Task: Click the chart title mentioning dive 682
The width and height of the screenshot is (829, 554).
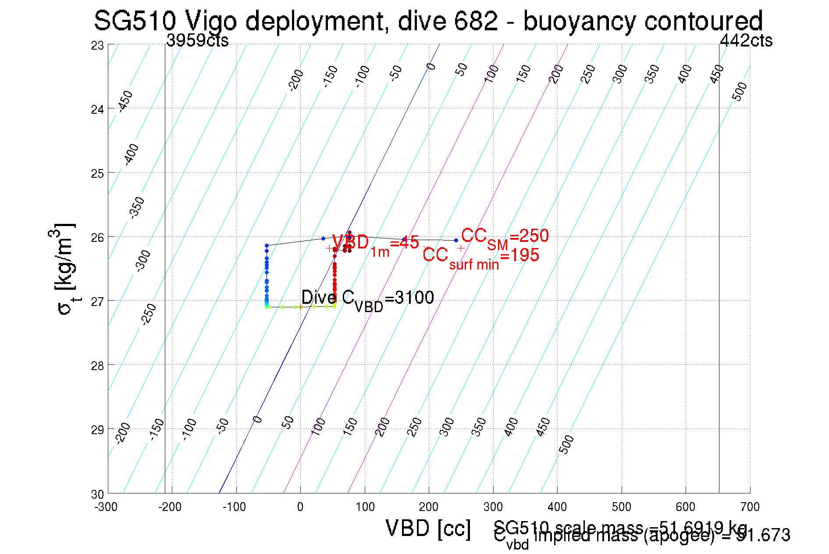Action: coord(428,21)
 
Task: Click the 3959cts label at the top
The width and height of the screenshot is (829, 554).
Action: coord(197,41)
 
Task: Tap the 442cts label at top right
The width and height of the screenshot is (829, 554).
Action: coord(746,41)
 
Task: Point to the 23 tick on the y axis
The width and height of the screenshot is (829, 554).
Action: coord(97,45)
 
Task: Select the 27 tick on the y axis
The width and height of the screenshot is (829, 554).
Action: coord(97,302)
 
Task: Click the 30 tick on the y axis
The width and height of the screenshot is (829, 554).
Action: coord(97,494)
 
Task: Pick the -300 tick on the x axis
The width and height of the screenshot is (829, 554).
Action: coord(106,507)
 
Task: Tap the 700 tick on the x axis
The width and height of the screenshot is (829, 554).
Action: coord(750,507)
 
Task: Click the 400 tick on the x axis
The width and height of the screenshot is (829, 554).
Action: coord(557,507)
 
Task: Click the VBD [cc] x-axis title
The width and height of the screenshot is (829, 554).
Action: coord(428,529)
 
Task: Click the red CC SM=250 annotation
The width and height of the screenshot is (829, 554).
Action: coord(505,237)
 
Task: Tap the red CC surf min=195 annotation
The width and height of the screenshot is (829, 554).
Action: coord(480,256)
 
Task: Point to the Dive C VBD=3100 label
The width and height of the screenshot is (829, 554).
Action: coord(367,299)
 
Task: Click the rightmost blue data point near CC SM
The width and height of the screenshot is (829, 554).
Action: coord(456,240)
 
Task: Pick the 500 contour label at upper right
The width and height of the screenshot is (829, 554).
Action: coord(740,91)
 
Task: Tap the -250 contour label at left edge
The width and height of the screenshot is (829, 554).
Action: coord(149,314)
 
